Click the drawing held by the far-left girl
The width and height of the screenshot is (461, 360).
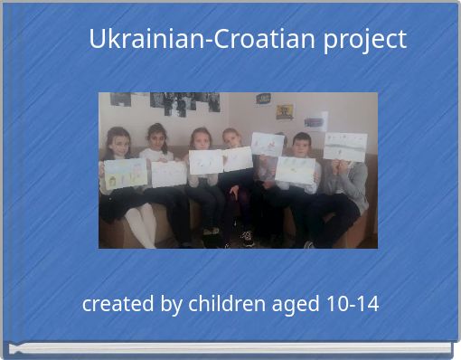pyautogui.click(x=125, y=173)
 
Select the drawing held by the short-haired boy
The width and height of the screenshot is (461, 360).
pyautogui.click(x=296, y=169)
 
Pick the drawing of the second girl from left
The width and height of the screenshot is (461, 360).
pyautogui.click(x=169, y=173)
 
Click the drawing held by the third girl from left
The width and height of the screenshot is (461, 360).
pyautogui.click(x=206, y=163)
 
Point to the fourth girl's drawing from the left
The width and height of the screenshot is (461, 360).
pyautogui.click(x=238, y=159)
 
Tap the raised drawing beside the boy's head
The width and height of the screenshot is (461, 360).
pyautogui.click(x=268, y=144)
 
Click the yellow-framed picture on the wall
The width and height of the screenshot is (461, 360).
pyautogui.click(x=285, y=111)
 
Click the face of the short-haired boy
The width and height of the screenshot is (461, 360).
pyautogui.click(x=301, y=146)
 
